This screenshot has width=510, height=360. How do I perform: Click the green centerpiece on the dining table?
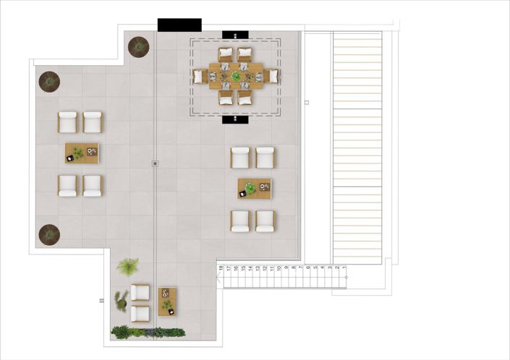pyautogui.click(x=237, y=74)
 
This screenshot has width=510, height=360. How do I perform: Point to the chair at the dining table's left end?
pyautogui.click(x=199, y=75)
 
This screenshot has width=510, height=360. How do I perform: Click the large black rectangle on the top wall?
pyautogui.click(x=179, y=25)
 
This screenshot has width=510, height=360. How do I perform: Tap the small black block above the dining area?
pyautogui.click(x=236, y=34)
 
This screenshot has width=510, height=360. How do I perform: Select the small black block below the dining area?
pyautogui.click(x=236, y=120)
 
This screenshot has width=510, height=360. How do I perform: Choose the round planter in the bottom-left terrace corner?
pyautogui.click(x=48, y=233)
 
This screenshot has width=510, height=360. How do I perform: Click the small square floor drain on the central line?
pyautogui.click(x=155, y=163)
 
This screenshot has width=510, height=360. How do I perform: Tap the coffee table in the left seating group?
pyautogui.click(x=82, y=153)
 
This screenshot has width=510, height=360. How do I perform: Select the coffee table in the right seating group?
pyautogui.click(x=254, y=189)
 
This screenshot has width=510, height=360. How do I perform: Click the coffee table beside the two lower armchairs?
pyautogui.click(x=168, y=301)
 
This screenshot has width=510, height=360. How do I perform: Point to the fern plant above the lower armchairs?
pyautogui.click(x=128, y=267)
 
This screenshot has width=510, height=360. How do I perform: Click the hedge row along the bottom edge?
pyautogui.click(x=148, y=332)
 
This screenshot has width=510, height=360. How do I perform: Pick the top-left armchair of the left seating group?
pyautogui.click(x=68, y=122)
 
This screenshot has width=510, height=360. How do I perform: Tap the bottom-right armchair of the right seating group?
pyautogui.click(x=265, y=220)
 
